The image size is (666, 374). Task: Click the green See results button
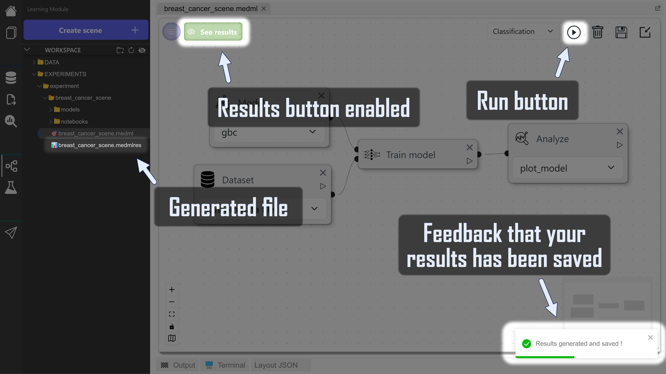pos(213,32)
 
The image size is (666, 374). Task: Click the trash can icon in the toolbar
pos(597,32)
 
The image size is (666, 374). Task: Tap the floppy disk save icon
pos(621,32)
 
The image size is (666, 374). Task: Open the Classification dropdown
pos(522,31)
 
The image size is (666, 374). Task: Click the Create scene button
pos(86,30)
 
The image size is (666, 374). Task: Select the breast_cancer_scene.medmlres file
pos(99,145)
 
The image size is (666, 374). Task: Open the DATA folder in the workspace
pos(51,62)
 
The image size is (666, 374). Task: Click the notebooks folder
pos(74,121)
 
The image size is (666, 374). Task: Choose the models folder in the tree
pos(70,109)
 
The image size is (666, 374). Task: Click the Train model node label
pos(410,155)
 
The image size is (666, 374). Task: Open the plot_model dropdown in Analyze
pos(567,168)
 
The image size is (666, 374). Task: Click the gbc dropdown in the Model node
pos(269,133)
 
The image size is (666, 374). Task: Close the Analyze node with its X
pos(620,131)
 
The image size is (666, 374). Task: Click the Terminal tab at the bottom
pos(231,365)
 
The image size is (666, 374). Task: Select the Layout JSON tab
pos(276,365)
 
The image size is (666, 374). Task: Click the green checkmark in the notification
pos(527,343)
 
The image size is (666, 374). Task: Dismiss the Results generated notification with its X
pos(650,337)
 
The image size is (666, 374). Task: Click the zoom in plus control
pos(172,290)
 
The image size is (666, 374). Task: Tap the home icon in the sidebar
pos(11,11)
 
